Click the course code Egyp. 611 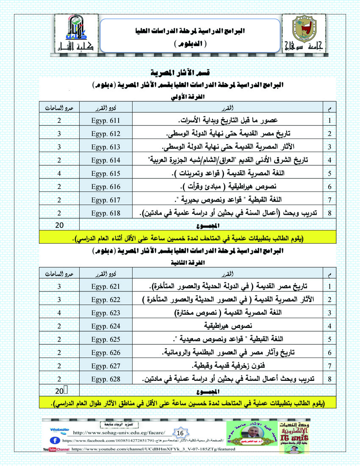coord(106,120)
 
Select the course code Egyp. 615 coord(106,173)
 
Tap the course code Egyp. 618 coord(106,213)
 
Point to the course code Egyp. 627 coord(106,365)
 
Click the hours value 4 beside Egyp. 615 coord(60,173)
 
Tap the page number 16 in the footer coord(180,433)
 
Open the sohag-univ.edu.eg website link coord(123,433)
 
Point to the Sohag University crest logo coord(303,31)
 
